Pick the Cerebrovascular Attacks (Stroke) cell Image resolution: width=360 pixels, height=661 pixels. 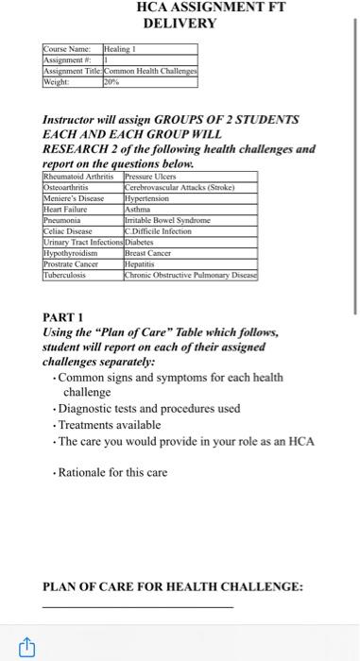(180, 186)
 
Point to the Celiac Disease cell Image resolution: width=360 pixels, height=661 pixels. (70, 228)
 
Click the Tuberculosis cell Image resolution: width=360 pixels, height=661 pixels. (68, 269)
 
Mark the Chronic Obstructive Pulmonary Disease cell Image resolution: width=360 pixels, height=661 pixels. (191, 269)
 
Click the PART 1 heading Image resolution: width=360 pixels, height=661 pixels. (64, 318)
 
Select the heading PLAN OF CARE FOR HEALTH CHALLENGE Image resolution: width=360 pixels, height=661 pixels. (173, 586)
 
